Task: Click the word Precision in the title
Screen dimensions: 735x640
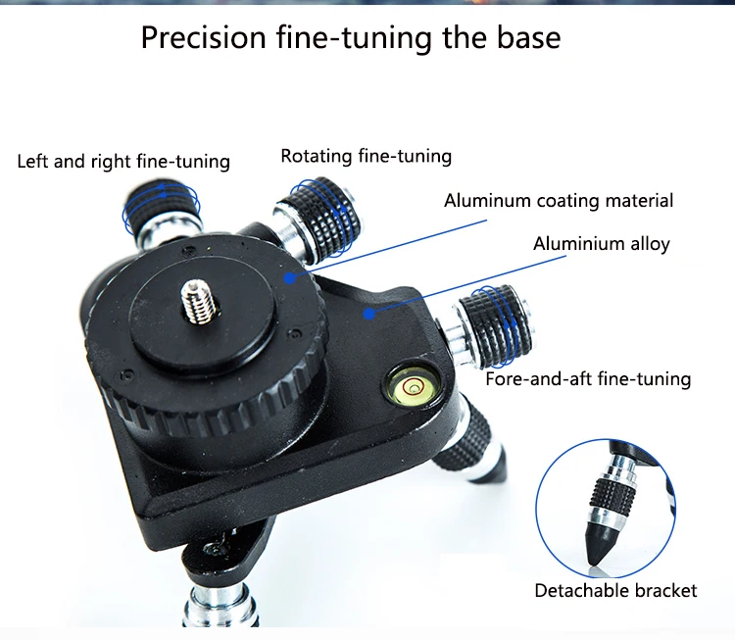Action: (x=204, y=37)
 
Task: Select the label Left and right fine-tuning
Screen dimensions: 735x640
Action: (x=123, y=162)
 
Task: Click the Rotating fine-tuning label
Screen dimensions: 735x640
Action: (x=367, y=156)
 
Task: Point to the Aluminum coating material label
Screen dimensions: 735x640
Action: (x=559, y=201)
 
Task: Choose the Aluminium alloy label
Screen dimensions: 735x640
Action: (x=602, y=244)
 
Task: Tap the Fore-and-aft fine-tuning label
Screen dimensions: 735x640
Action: (x=588, y=379)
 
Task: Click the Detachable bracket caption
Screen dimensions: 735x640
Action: (x=615, y=591)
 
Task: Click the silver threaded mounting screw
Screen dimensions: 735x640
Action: (x=199, y=301)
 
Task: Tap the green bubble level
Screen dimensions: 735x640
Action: (x=414, y=387)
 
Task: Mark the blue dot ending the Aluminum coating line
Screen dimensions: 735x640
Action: (x=290, y=278)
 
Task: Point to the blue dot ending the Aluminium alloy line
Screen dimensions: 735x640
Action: (x=369, y=314)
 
